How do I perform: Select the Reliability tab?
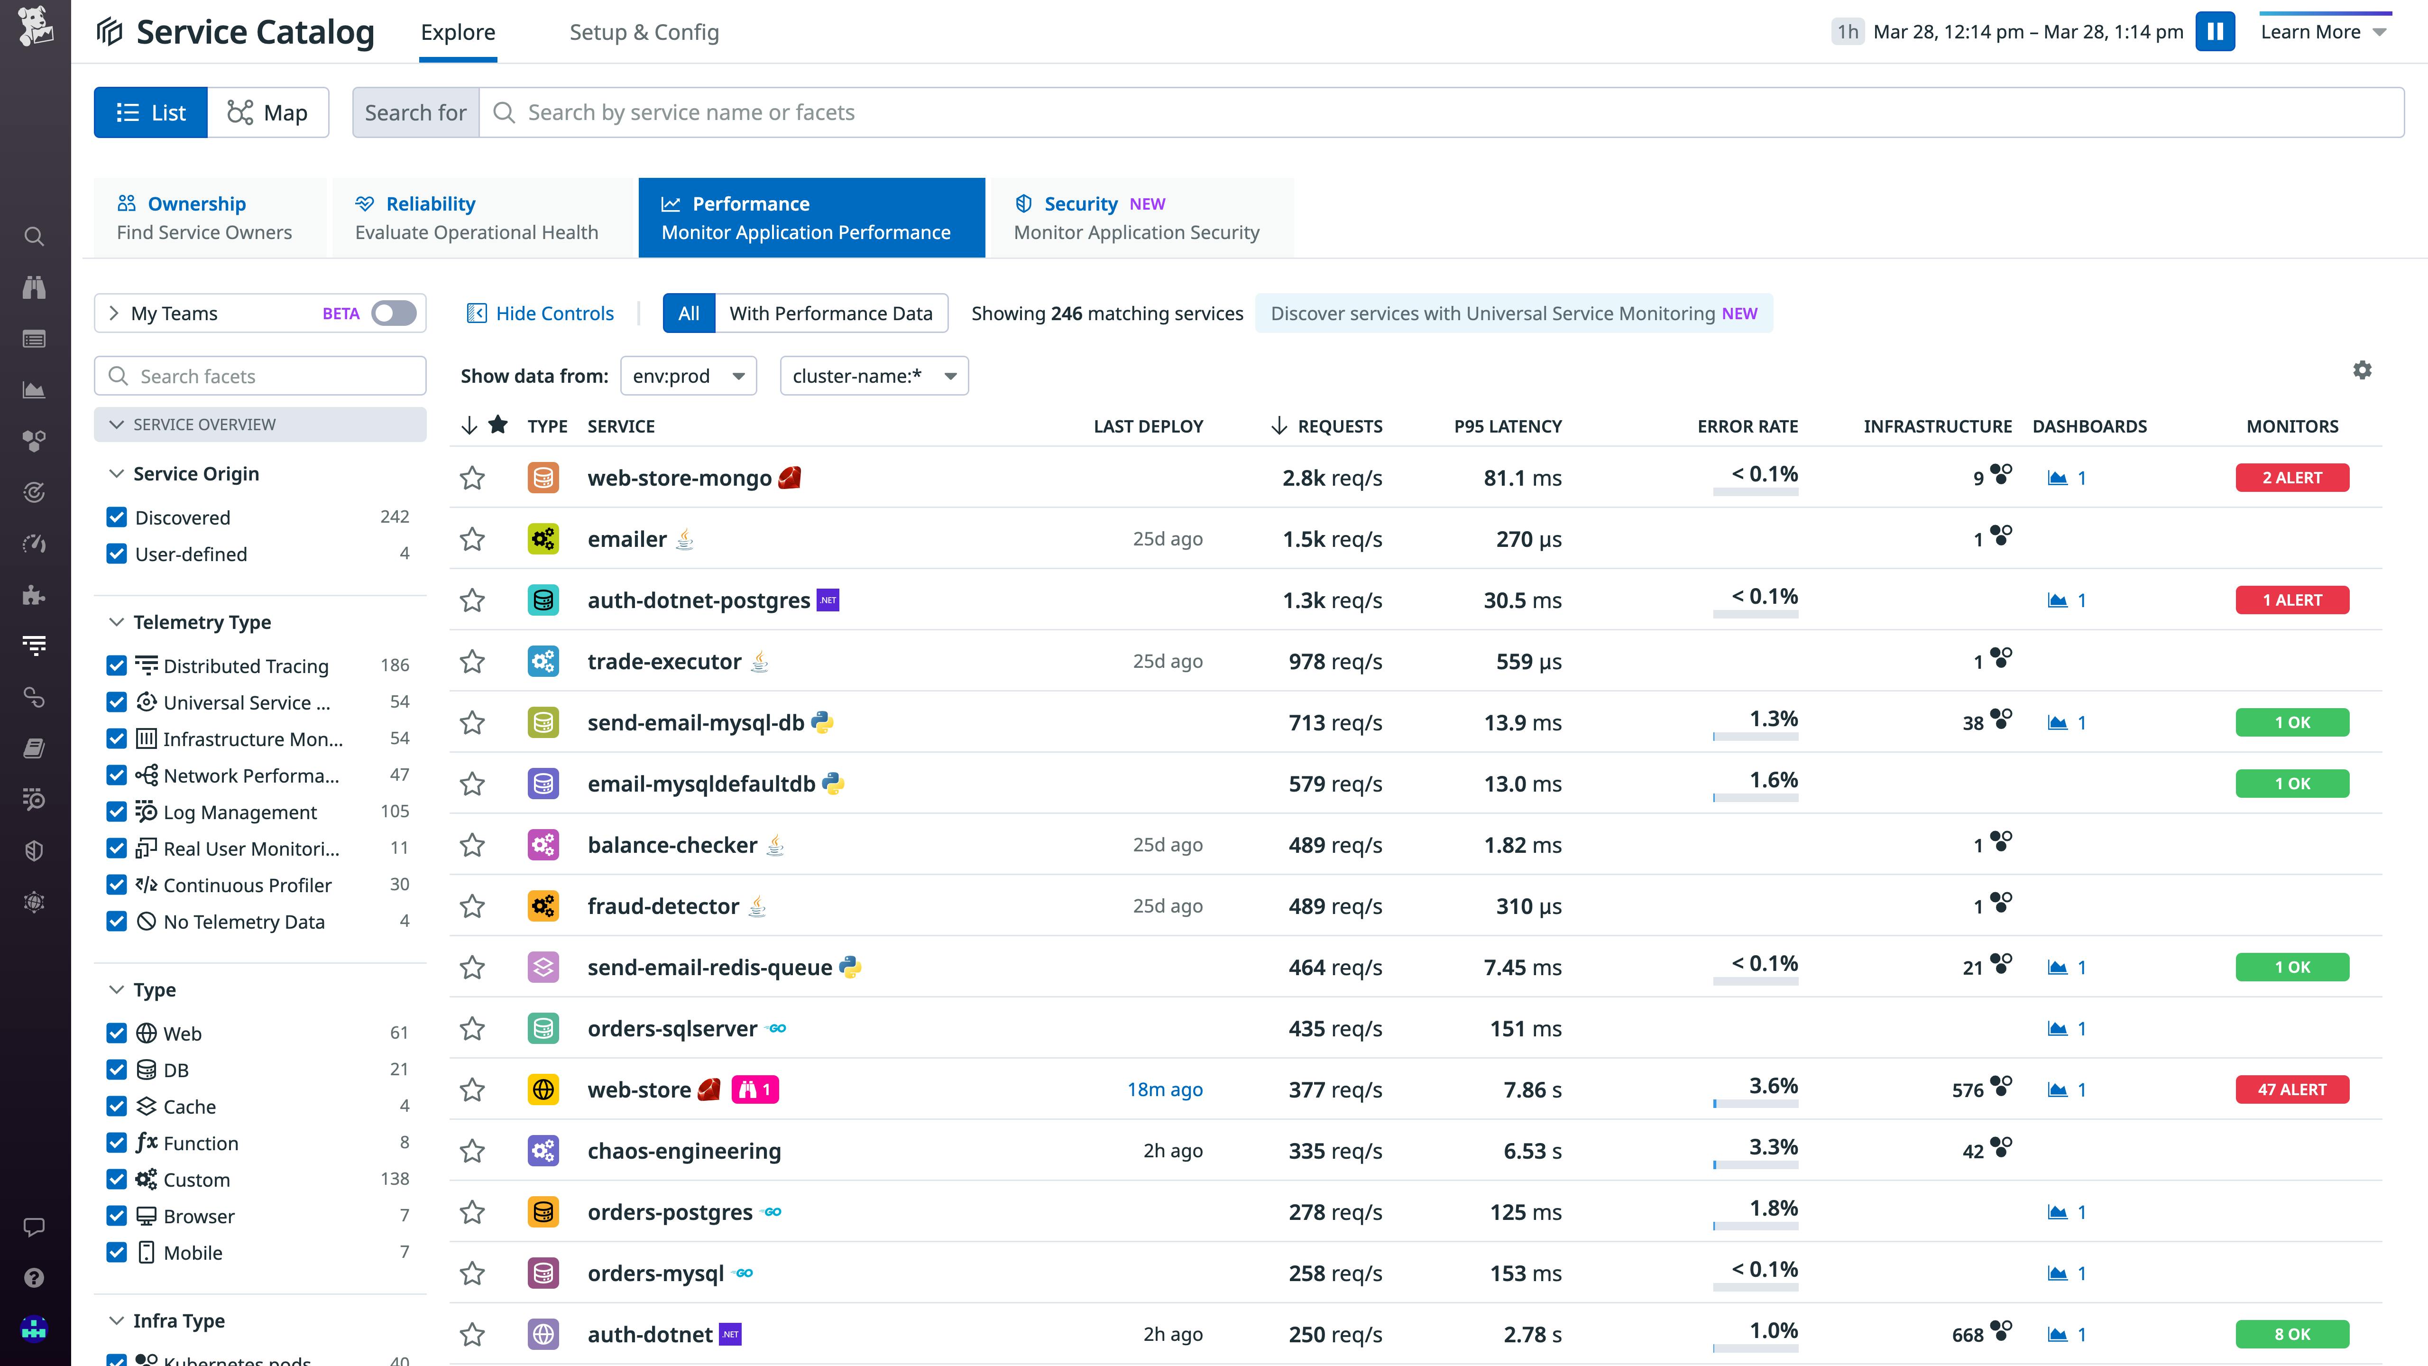[476, 218]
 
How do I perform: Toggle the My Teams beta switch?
[393, 313]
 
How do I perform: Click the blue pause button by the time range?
[2215, 32]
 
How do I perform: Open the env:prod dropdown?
[688, 376]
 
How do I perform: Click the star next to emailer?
[472, 539]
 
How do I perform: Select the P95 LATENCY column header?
[1507, 426]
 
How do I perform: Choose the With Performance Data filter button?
[830, 313]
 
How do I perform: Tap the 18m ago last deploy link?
[1165, 1090]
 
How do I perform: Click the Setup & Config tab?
[644, 32]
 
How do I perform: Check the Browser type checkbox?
[117, 1216]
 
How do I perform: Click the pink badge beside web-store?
[755, 1090]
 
